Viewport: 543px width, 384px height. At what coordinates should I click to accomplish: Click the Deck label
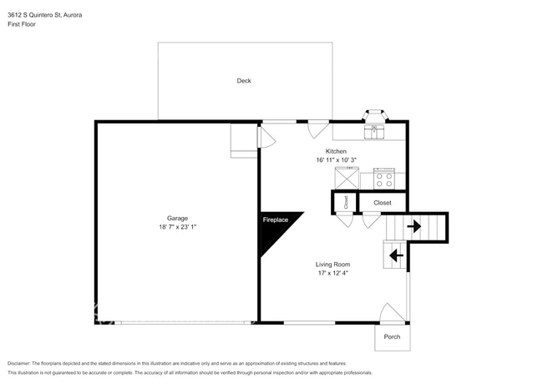(x=244, y=81)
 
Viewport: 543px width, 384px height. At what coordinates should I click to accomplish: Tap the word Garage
(x=176, y=219)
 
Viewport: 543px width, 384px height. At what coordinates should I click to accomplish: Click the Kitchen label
(x=336, y=152)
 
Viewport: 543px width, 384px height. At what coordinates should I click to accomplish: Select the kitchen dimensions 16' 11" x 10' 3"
(x=336, y=160)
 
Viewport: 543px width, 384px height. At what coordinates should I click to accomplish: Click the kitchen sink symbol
(x=374, y=130)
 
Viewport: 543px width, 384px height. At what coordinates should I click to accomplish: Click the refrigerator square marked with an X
(x=347, y=179)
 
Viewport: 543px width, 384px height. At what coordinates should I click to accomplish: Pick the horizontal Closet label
(x=383, y=202)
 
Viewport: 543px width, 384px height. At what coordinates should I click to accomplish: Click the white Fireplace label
(x=275, y=220)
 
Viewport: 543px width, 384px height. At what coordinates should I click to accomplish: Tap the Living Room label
(x=332, y=265)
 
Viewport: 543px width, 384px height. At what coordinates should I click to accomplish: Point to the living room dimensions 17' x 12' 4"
(x=332, y=273)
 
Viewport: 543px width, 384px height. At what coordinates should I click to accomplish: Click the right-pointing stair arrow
(x=414, y=226)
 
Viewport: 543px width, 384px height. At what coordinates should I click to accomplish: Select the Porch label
(x=392, y=337)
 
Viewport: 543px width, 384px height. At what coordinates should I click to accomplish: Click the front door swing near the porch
(x=392, y=313)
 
